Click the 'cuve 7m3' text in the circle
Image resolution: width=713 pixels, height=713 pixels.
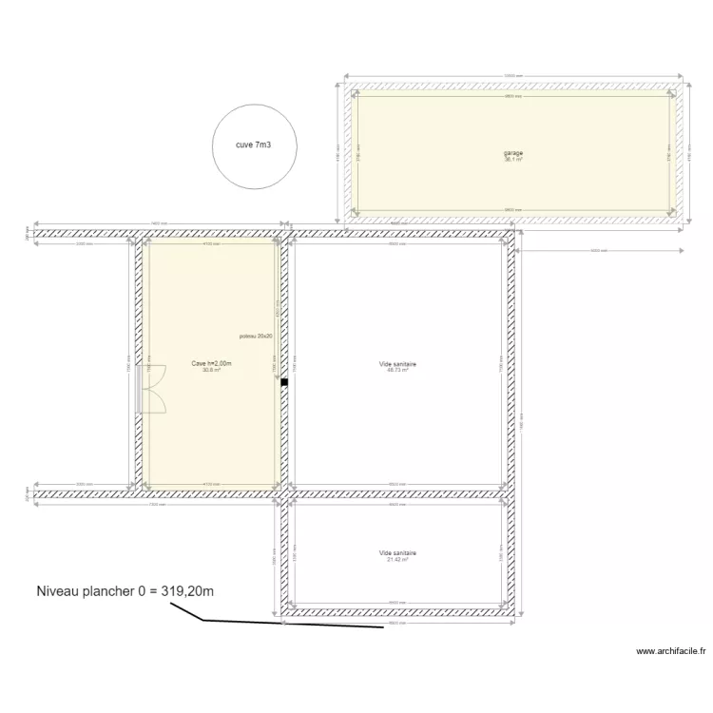pyautogui.click(x=253, y=145)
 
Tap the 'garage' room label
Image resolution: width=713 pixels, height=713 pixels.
pyautogui.click(x=513, y=154)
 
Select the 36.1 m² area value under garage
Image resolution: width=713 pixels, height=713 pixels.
pyautogui.click(x=513, y=160)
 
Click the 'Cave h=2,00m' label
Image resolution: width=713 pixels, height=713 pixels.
pyautogui.click(x=211, y=363)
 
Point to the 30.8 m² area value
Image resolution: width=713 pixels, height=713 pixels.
pyautogui.click(x=211, y=370)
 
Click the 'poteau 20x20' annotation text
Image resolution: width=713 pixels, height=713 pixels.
pyautogui.click(x=257, y=337)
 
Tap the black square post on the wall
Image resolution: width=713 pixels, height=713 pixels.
pyautogui.click(x=283, y=383)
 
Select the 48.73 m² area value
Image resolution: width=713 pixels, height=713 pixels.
pyautogui.click(x=397, y=370)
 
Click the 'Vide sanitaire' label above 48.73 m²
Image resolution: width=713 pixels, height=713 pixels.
pyautogui.click(x=397, y=363)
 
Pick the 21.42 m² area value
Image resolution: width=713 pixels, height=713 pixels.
pyautogui.click(x=397, y=559)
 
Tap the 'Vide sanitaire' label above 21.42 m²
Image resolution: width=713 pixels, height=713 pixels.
pyautogui.click(x=397, y=552)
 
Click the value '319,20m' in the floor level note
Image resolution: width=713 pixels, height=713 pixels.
pyautogui.click(x=181, y=591)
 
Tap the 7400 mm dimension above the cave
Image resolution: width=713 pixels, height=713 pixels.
pyautogui.click(x=159, y=225)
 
